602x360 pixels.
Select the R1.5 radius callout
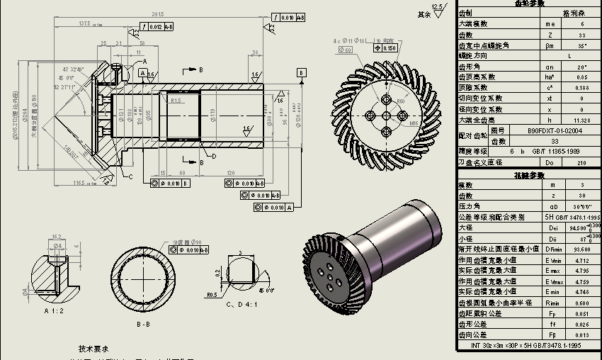click(176, 101)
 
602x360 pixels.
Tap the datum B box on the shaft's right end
click(302, 73)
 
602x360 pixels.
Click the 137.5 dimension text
click(84, 23)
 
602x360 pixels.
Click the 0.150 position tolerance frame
click(386, 48)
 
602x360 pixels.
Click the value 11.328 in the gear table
click(582, 120)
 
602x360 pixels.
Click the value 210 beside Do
click(582, 163)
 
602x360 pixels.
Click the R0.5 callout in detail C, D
click(212, 294)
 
